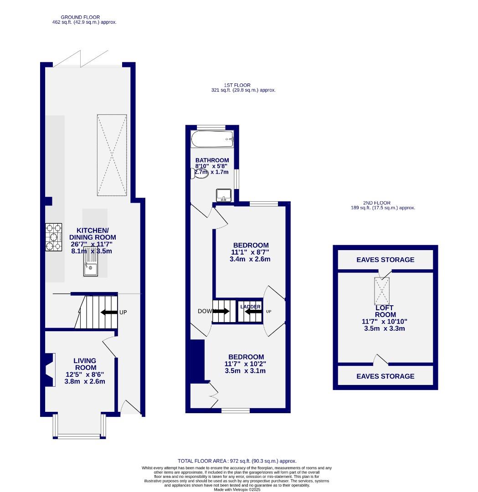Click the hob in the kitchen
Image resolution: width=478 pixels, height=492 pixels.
click(x=54, y=237)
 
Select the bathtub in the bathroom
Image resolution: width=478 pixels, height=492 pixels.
click(x=212, y=139)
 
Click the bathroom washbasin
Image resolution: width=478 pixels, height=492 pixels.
click(x=224, y=195)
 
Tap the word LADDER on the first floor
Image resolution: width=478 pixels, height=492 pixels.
click(x=250, y=307)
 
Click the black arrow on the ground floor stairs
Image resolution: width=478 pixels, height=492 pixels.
click(x=108, y=313)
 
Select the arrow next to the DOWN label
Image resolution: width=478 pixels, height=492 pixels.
click(x=221, y=312)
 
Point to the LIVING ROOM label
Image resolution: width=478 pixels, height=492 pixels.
click(x=85, y=364)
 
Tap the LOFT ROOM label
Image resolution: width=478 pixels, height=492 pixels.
click(x=385, y=311)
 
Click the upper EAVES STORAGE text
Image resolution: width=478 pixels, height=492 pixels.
click(x=385, y=260)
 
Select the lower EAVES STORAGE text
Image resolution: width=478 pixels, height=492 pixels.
click(x=385, y=376)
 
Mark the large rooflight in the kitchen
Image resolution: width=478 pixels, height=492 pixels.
click(x=111, y=155)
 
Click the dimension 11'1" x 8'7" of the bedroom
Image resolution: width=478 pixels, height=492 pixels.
click(x=250, y=252)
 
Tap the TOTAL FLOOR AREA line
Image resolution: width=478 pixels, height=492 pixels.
click(x=237, y=461)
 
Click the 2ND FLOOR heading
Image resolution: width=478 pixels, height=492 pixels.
click(x=376, y=203)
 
